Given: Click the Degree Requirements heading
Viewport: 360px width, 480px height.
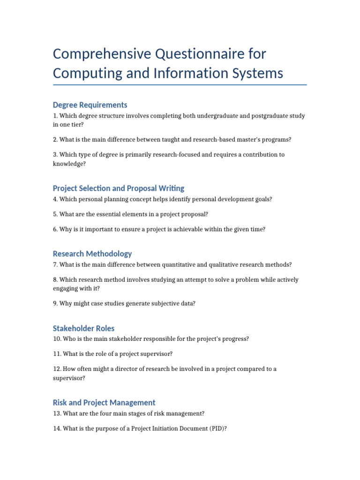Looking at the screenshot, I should pyautogui.click(x=90, y=105).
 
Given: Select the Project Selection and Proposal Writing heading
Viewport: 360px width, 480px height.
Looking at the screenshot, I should pyautogui.click(x=119, y=188).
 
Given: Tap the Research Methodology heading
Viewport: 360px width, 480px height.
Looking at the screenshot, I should pyautogui.click(x=92, y=254).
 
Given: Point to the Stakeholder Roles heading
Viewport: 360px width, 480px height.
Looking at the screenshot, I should pyautogui.click(x=83, y=328).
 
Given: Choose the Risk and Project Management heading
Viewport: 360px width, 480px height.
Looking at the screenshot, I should pyautogui.click(x=104, y=402).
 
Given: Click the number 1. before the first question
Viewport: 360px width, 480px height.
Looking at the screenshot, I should pyautogui.click(x=55, y=116).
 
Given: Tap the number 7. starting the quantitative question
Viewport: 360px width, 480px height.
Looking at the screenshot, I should pyautogui.click(x=55, y=265).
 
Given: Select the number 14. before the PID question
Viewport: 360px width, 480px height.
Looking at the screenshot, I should pyautogui.click(x=57, y=428).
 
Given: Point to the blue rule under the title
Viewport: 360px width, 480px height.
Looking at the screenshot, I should pyautogui.click(x=180, y=85).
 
